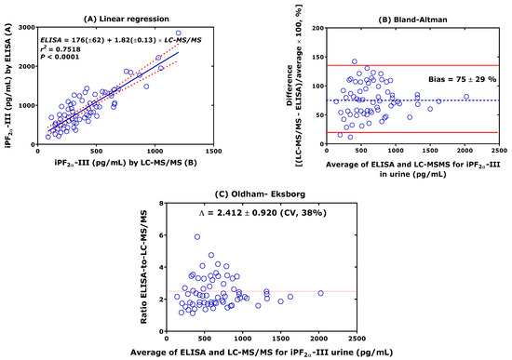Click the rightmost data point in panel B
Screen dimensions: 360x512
[x=465, y=96]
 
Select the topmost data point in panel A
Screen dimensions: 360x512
[x=178, y=33]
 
